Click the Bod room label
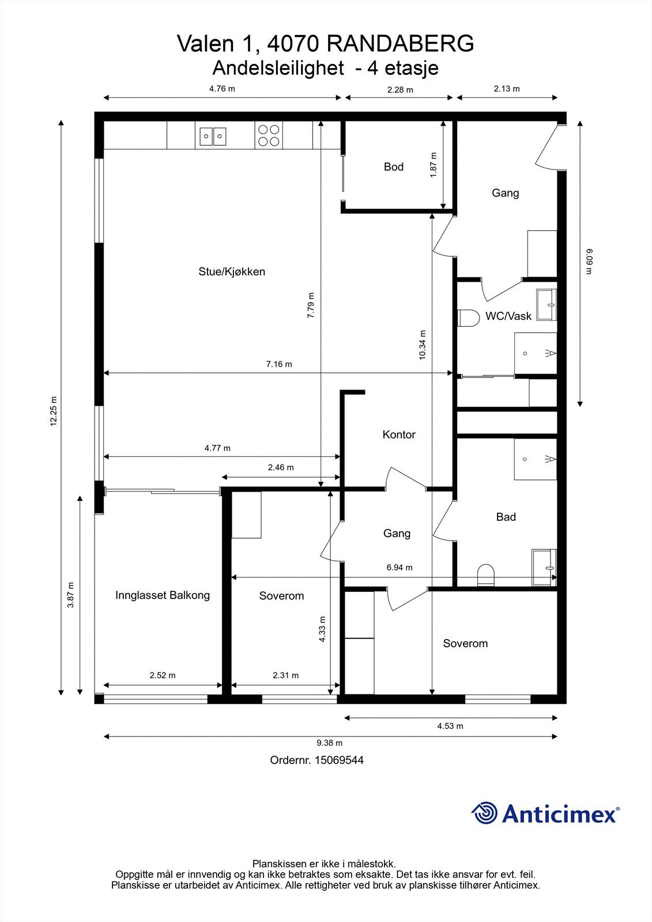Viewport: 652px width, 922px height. [393, 167]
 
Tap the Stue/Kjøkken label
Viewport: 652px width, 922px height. [232, 271]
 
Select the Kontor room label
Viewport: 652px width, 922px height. [399, 434]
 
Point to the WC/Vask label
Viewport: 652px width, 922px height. [508, 316]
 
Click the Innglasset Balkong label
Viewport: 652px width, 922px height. [162, 595]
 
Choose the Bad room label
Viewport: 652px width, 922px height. [506, 516]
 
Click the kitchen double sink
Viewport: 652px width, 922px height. [213, 136]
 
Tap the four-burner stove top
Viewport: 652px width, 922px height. [269, 136]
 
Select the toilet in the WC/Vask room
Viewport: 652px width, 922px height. [469, 318]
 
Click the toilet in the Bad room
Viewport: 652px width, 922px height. [485, 575]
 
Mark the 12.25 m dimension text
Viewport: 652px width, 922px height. [54, 411]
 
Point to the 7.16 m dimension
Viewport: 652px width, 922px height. [279, 364]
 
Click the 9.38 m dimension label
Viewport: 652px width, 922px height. [330, 743]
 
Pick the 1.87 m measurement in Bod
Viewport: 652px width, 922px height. [434, 165]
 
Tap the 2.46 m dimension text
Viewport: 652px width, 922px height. [281, 467]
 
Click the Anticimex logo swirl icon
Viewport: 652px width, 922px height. [484, 813]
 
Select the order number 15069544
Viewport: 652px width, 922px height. [339, 760]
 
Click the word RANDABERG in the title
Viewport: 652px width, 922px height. [400, 44]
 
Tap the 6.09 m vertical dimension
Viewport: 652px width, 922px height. [589, 262]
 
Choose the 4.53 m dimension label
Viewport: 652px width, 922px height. [450, 726]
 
